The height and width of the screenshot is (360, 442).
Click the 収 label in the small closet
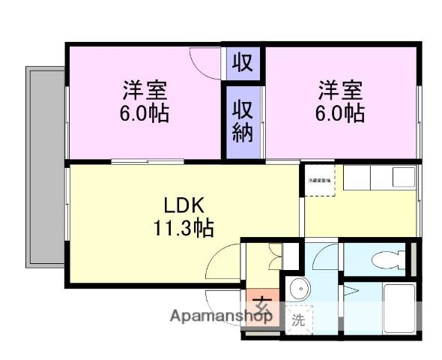point(241,62)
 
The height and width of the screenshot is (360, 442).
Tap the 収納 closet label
point(242,121)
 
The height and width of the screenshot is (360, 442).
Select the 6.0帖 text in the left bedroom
point(145,114)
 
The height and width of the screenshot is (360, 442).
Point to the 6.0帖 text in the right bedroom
point(342,114)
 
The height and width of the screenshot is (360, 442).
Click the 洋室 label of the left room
point(145,91)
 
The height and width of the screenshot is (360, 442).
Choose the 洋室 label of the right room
point(342,91)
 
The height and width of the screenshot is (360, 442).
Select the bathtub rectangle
point(399,307)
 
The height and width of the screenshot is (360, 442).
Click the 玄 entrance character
point(261,306)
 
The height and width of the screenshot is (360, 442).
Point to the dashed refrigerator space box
point(318,181)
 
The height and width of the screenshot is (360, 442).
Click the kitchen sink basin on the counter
point(403,177)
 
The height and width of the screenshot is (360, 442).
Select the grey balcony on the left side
point(46,166)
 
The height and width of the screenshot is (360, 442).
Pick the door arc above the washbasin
point(326,257)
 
